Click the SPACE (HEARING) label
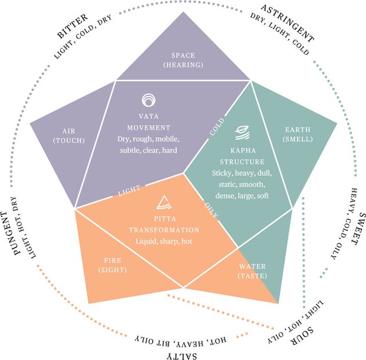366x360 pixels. [x=183, y=60]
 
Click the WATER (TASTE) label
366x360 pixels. [x=252, y=270]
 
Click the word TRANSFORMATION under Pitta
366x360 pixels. [x=164, y=230]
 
